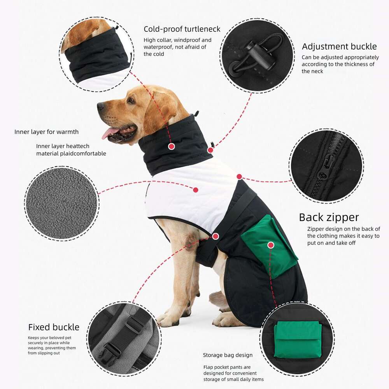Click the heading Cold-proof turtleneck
pos(182,29)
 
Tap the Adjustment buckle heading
pos(339,47)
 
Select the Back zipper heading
pos(329,217)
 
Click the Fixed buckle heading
pos(54,327)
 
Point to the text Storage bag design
pos(228,355)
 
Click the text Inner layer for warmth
pos(46,132)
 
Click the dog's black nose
pos(100,106)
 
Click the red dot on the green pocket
pos(271,245)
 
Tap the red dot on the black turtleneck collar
pos(171,147)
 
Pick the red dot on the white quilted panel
pos(196,190)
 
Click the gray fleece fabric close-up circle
pos(61,203)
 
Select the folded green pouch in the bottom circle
pos(298,340)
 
